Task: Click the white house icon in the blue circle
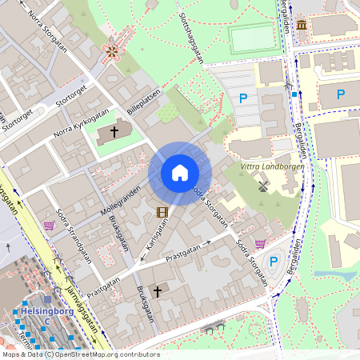[x=180, y=172]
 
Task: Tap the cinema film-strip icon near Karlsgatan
[x=163, y=212]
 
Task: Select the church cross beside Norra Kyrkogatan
[x=114, y=130]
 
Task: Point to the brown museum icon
[x=301, y=26]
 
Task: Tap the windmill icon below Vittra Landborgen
[x=262, y=186]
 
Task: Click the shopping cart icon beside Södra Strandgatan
[x=50, y=226]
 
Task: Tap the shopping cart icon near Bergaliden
[x=260, y=243]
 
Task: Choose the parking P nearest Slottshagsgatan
[x=242, y=98]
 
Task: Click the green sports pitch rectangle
[x=254, y=38]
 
